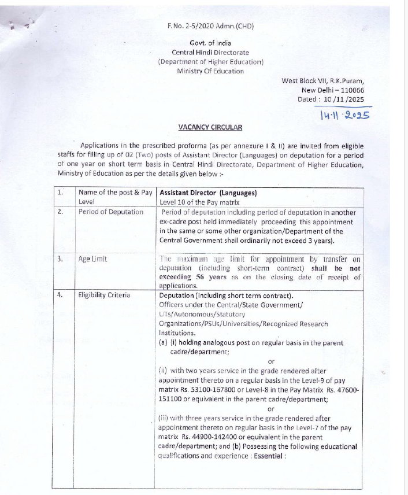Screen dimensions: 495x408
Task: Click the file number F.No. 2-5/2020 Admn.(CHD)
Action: [211, 26]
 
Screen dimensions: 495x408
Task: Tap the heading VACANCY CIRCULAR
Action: [210, 127]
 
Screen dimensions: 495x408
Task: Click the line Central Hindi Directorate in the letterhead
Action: [210, 53]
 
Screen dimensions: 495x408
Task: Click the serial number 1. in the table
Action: [60, 193]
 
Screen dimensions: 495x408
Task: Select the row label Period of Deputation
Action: [111, 212]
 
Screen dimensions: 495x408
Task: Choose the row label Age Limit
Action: [93, 259]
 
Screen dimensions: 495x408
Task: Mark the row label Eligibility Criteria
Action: [104, 295]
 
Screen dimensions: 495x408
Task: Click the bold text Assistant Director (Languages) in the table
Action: [208, 193]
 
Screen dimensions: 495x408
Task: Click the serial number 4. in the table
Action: [60, 295]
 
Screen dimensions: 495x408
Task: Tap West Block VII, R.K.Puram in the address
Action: [323, 81]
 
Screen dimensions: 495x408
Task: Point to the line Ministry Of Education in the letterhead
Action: [210, 71]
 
